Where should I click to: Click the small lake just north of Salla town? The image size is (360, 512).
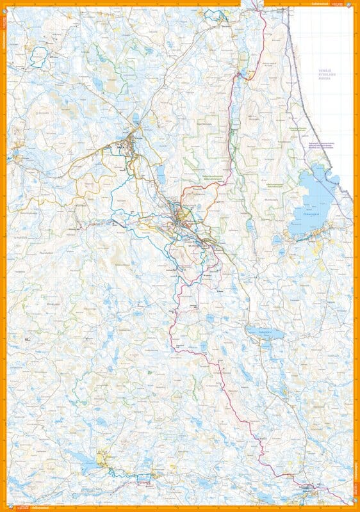136,118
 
